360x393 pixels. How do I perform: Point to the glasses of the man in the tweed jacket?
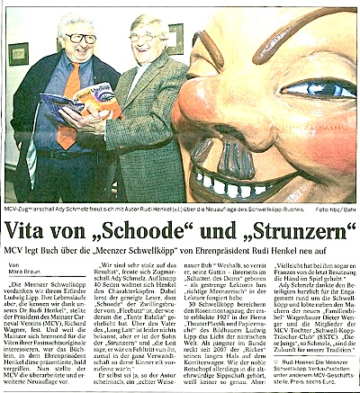click(147, 38)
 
